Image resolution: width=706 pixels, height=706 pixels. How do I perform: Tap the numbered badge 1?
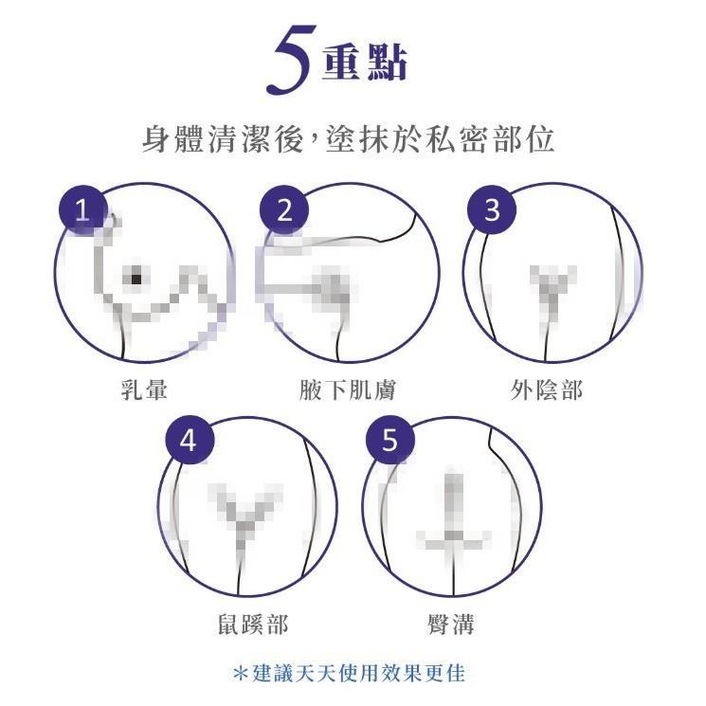(82, 210)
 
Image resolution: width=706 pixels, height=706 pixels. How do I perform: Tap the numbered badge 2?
(285, 210)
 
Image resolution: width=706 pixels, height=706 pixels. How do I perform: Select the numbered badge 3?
(491, 210)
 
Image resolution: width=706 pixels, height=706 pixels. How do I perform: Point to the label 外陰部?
(547, 389)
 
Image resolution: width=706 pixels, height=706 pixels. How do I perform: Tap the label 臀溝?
(451, 624)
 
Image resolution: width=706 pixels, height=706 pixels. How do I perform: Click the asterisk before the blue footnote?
(240, 674)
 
